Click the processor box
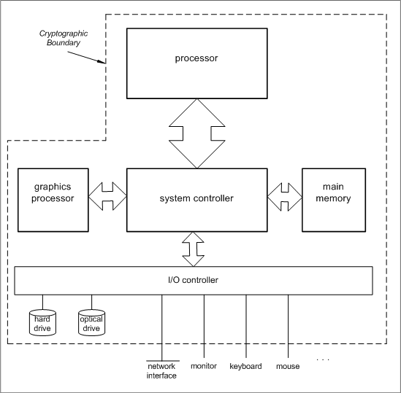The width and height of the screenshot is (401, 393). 197,63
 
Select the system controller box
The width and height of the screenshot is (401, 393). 197,200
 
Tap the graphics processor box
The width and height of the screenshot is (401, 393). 53,200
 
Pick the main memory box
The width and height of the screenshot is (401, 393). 334,200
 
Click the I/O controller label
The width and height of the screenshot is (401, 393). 193,280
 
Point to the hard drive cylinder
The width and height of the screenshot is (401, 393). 42,322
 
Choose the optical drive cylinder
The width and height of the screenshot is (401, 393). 91,322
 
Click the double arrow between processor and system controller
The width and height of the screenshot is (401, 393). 197,133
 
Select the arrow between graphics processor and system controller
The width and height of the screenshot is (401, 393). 107,196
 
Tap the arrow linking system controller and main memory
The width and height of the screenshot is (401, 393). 285,197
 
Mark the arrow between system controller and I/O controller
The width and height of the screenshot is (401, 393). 193,249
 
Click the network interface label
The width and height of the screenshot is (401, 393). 161,371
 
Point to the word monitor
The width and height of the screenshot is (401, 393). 204,366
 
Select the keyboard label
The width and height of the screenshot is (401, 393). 245,366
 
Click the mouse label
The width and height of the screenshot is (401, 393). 288,366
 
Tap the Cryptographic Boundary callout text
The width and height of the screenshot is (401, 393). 64,38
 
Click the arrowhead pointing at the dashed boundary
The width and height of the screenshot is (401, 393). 102,61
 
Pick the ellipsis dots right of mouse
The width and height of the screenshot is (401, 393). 323,359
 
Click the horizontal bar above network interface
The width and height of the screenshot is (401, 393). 163,361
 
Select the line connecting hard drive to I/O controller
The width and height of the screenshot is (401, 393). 42,303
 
